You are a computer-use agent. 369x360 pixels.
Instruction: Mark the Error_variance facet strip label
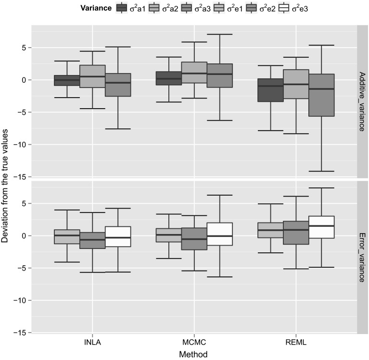(363, 257)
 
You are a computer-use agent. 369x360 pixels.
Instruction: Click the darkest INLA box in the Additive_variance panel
(67, 80)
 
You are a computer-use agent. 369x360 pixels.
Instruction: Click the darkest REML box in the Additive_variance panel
(270, 90)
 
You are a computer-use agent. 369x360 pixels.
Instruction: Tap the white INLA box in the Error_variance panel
(118, 236)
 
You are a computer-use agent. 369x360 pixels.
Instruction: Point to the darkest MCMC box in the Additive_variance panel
(168, 78)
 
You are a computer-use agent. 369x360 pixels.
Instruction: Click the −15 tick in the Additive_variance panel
(23, 177)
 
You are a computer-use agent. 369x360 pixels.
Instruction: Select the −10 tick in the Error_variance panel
(23, 300)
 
